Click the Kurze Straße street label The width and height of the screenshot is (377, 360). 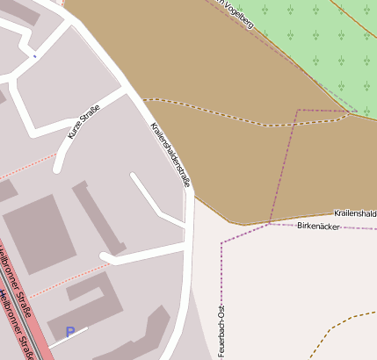pos(84,122)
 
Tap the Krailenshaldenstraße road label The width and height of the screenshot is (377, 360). pos(170,154)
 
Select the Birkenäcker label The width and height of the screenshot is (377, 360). pos(318,226)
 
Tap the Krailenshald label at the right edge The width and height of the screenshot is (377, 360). pos(355,213)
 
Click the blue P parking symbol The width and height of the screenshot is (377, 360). pos(70,332)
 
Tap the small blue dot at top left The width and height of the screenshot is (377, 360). pos(34,57)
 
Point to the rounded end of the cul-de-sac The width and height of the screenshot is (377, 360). pos(106,257)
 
